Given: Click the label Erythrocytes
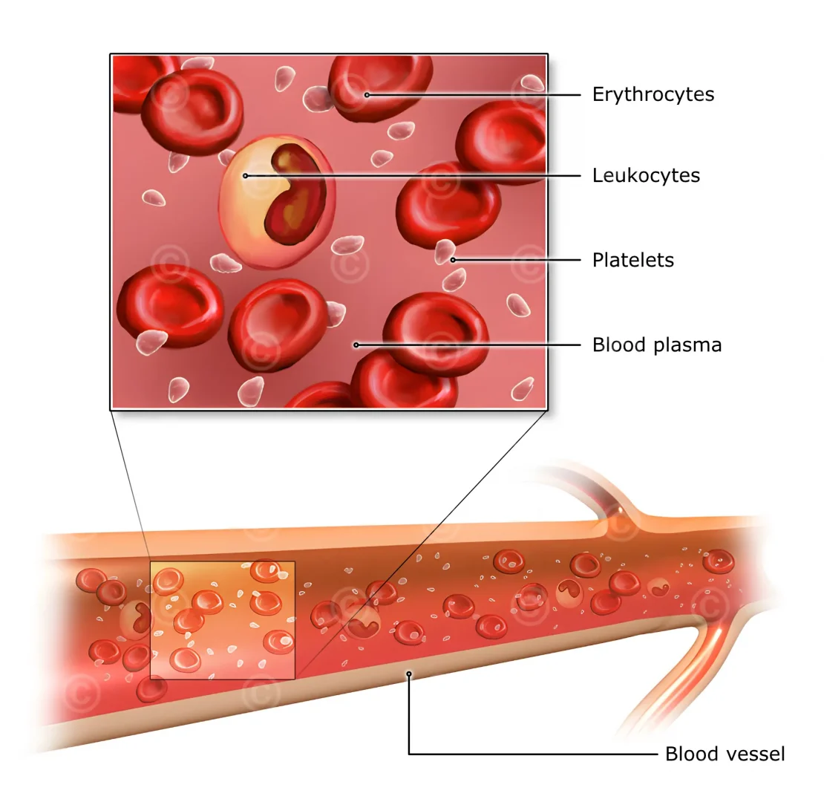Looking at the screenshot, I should (x=653, y=94).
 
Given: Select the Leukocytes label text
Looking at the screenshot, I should (x=646, y=175).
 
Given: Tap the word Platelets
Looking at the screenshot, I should (x=632, y=260).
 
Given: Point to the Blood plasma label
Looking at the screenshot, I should (x=656, y=345).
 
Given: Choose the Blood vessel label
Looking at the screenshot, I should (x=724, y=754).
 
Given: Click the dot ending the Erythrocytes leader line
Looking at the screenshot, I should (x=367, y=95).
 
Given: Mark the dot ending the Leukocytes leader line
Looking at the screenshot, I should (x=245, y=176).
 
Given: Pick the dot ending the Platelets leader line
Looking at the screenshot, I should (x=452, y=260).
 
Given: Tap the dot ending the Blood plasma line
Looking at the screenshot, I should (x=356, y=345).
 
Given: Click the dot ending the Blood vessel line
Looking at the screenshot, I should (x=408, y=674).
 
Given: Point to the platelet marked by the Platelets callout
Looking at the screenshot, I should (x=445, y=252).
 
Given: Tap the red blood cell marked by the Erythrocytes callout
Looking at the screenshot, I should (x=379, y=85).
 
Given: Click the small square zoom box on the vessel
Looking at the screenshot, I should (x=223, y=619).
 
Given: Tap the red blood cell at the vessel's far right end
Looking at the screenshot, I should (x=718, y=561).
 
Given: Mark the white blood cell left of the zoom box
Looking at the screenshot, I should (x=135, y=619).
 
